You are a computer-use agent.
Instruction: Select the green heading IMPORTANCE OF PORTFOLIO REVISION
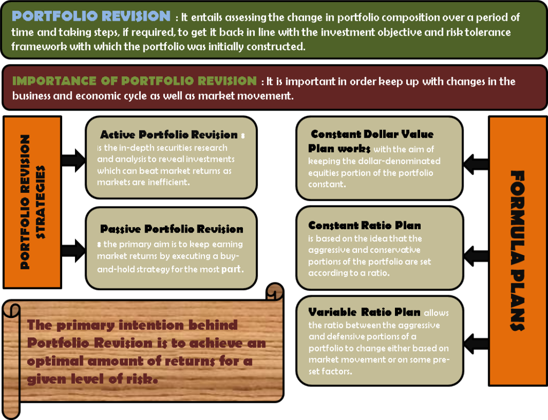(x=134, y=81)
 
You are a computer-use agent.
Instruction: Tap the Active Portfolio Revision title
(x=169, y=135)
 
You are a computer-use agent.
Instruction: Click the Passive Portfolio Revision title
(x=172, y=229)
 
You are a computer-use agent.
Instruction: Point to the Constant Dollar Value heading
(x=372, y=134)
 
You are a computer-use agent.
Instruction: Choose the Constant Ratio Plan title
(x=364, y=225)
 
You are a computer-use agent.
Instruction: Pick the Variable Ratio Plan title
(x=364, y=312)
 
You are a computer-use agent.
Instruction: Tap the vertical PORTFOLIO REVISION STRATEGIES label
(x=32, y=202)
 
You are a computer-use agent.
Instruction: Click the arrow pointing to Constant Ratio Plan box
(x=476, y=253)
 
